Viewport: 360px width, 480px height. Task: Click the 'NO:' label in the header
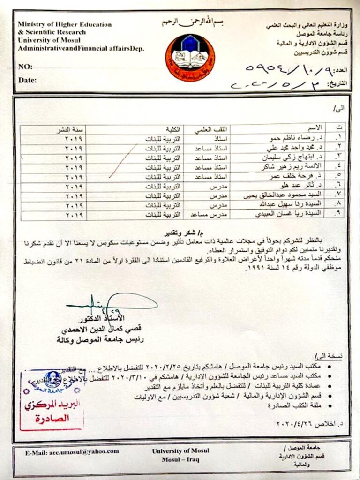[25, 67]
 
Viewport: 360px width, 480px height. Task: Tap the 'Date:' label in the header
[28, 80]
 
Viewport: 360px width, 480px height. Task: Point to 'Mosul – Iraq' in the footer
[180, 459]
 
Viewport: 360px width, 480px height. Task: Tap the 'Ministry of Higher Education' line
[65, 24]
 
